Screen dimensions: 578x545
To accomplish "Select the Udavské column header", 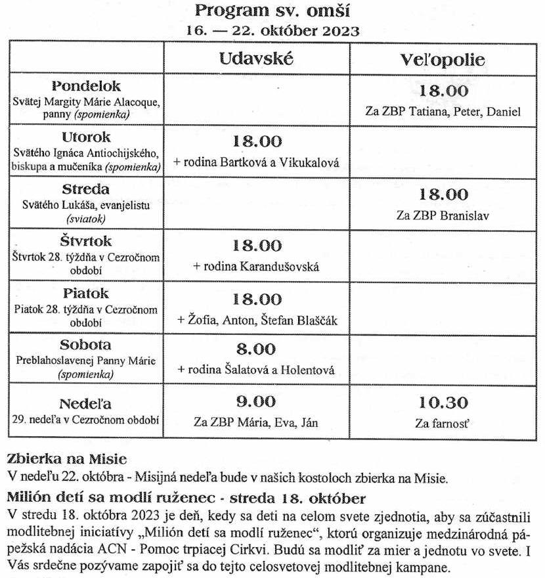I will click(256, 59).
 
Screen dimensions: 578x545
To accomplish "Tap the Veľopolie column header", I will click(443, 60).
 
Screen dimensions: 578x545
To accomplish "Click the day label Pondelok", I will click(87, 86).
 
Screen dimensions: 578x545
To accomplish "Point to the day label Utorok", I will click(87, 138).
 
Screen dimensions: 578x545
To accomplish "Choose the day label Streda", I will click(86, 190).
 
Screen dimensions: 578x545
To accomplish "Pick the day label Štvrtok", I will click(87, 242).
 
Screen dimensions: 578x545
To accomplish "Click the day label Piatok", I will click(87, 293).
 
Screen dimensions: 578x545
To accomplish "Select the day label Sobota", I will click(86, 345).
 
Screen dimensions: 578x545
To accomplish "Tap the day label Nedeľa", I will click(87, 402).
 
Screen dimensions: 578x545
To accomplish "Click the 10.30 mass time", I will click(443, 402).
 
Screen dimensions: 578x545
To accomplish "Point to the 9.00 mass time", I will click(256, 401).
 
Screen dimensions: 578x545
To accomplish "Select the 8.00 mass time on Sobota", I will click(256, 349).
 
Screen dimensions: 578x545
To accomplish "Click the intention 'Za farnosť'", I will click(443, 422).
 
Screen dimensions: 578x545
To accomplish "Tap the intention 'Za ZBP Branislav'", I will click(443, 215).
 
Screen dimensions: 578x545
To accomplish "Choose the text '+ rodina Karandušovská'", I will click(256, 267).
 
